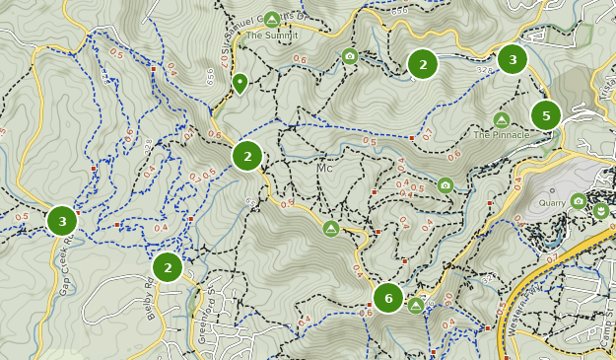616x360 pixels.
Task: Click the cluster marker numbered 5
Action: pos(545,115)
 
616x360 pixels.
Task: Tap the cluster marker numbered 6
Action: pos(388,298)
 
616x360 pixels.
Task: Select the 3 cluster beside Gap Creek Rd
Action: pos(62,221)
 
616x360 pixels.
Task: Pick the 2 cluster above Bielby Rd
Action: pos(168,267)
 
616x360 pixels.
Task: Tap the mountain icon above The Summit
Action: pos(272,20)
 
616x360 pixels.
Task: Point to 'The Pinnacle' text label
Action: pos(502,134)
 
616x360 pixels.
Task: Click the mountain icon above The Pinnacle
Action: pos(501,119)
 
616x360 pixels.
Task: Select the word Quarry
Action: pos(552,203)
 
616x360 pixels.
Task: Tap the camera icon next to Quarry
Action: pos(579,201)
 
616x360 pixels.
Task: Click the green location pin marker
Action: pos(240,83)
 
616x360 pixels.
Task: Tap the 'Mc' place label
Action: pos(326,169)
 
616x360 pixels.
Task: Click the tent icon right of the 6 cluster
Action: pos(416,306)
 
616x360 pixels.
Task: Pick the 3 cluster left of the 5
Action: pos(512,59)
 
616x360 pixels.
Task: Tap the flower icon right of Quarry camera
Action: pos(600,210)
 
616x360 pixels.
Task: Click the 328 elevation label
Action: pos(484,70)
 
